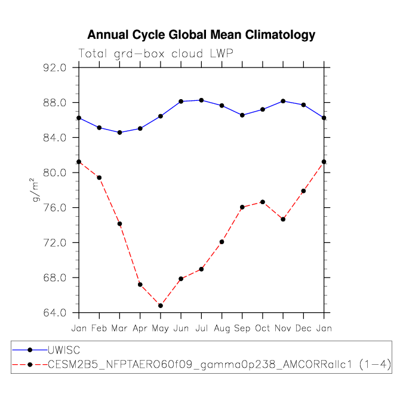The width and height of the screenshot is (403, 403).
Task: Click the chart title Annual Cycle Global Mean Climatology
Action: click(x=201, y=35)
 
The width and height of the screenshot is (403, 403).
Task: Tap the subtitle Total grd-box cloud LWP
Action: click(x=156, y=53)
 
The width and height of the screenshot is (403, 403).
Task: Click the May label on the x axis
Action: click(x=161, y=328)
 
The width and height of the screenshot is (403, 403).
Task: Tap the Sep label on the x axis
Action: click(x=242, y=328)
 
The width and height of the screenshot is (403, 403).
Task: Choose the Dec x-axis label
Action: click(x=304, y=328)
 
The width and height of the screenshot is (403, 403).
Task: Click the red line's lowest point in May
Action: click(x=161, y=306)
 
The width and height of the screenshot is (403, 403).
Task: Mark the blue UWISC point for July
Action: click(x=201, y=100)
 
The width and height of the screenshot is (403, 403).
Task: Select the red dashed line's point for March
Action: click(x=119, y=224)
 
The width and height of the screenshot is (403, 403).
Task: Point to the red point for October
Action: click(x=263, y=202)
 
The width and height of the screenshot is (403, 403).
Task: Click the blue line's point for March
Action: click(x=119, y=133)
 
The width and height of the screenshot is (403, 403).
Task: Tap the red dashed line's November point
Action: click(x=283, y=219)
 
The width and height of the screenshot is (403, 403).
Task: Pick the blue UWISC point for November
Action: click(x=283, y=101)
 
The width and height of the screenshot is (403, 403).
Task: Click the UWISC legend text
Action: click(x=64, y=350)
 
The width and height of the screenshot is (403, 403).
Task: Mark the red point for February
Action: click(x=99, y=177)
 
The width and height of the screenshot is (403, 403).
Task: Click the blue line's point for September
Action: click(x=242, y=115)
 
